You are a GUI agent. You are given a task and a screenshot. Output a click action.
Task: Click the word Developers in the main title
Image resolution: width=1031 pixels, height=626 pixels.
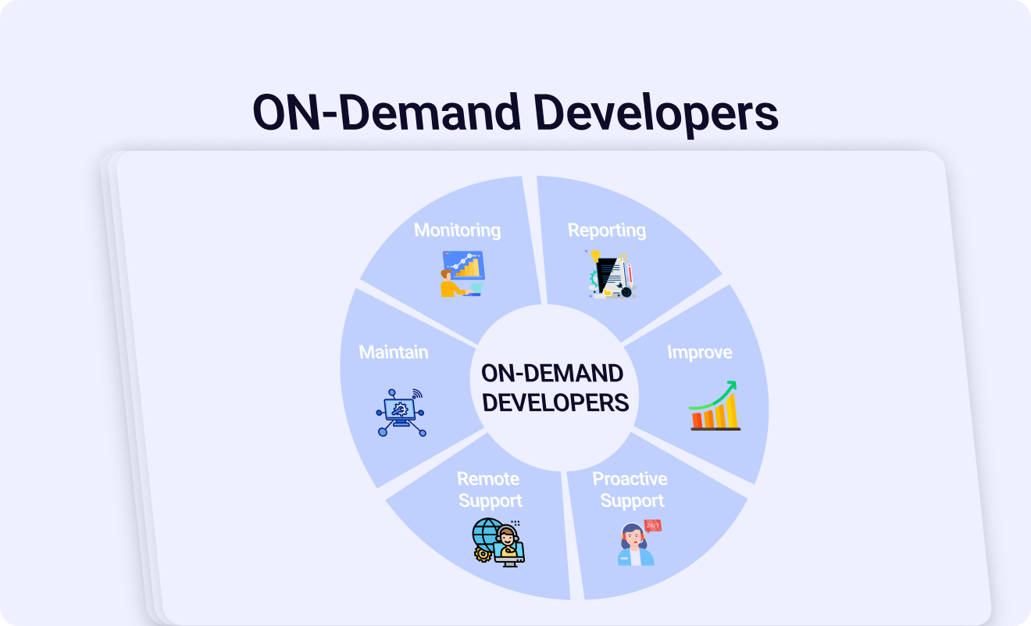coord(655,113)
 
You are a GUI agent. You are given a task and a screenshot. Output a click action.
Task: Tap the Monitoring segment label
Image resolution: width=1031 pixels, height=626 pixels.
coord(457,231)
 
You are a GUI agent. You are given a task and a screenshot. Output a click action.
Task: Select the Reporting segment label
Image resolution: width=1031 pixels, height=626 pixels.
coord(607,231)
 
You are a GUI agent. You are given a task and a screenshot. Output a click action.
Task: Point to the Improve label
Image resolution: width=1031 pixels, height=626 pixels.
coord(700,352)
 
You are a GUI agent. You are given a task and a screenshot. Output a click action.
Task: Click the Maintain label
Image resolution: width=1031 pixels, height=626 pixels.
coord(394,352)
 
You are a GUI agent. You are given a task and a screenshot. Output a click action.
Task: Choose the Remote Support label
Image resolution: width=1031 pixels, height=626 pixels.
coord(489,490)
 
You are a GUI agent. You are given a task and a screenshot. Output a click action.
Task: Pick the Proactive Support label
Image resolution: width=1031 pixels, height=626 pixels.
coord(630,490)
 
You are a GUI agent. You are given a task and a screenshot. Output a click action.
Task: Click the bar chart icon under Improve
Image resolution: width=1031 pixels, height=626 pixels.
coord(715,406)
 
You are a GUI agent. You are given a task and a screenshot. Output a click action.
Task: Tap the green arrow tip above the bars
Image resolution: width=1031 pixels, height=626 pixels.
coord(733,384)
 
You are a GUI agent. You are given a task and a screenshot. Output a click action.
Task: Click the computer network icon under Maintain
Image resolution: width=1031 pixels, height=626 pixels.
coord(401,413)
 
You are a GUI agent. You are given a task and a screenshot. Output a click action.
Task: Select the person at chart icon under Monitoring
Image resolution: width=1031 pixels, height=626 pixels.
coord(462,274)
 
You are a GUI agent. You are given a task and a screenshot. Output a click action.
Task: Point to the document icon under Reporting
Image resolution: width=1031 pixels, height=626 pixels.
coord(612,274)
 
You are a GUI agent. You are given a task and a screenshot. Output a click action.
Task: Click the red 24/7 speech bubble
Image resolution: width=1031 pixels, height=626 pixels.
coord(653,526)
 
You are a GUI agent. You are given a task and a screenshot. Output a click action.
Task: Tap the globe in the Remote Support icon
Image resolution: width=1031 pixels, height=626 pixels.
coord(487,535)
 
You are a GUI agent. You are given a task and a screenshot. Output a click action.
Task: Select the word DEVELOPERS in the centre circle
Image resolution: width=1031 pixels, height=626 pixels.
coord(555,402)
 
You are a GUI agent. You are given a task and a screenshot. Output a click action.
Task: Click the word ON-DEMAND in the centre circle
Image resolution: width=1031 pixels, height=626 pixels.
coord(552,373)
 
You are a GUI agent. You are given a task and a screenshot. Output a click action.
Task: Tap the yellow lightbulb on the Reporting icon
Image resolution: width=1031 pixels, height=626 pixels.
coord(596,256)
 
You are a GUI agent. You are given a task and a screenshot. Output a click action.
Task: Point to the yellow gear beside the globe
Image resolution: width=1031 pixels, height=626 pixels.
coord(483,554)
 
